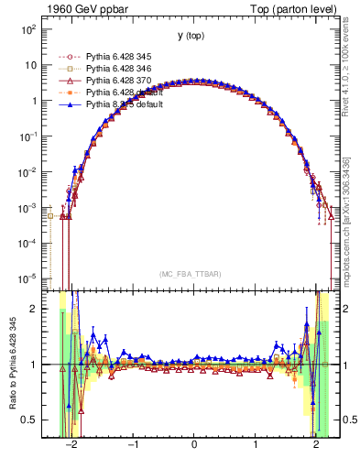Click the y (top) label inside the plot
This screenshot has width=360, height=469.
[x=191, y=36]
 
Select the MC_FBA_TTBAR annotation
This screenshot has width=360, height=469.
[x=191, y=275]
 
